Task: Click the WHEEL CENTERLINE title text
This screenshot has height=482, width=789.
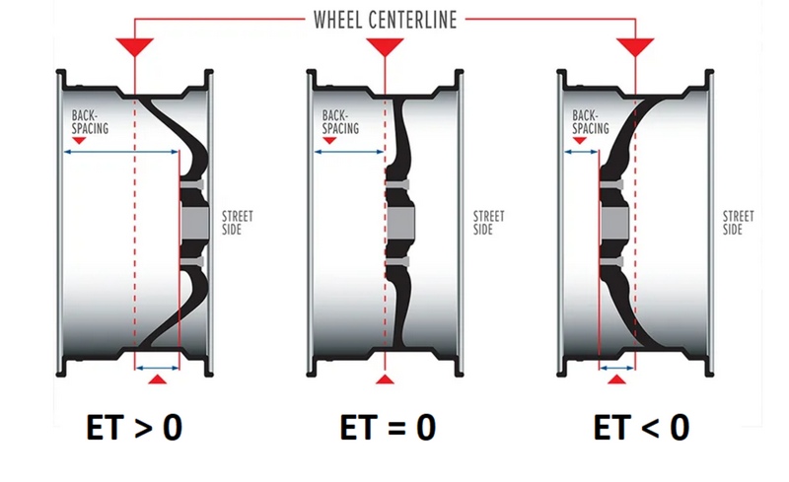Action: (x=385, y=20)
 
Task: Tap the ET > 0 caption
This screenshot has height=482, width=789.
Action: (x=134, y=428)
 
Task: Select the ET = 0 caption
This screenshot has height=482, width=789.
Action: (x=388, y=428)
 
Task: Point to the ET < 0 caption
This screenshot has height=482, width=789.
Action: (x=642, y=428)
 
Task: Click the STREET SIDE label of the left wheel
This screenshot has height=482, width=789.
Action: (x=238, y=223)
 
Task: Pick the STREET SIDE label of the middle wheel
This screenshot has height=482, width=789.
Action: (x=488, y=223)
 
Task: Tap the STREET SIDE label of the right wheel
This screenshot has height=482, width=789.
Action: (x=738, y=223)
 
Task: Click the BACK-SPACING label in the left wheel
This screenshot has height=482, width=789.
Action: (x=90, y=122)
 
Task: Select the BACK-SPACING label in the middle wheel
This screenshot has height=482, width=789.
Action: (x=340, y=122)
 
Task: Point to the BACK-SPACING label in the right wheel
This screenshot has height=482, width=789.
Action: (x=591, y=122)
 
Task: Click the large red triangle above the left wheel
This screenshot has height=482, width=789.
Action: (x=134, y=45)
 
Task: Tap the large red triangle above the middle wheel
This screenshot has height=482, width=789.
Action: (x=385, y=45)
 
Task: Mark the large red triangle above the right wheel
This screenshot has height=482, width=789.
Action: (x=635, y=45)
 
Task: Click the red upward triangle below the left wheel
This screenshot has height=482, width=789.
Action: (x=158, y=379)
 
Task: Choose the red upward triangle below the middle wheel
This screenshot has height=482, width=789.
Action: (x=385, y=379)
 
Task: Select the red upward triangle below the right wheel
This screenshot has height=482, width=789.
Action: (x=617, y=379)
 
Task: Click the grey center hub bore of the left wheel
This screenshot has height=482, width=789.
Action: (x=194, y=223)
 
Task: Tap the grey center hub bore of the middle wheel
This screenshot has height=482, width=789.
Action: (x=401, y=223)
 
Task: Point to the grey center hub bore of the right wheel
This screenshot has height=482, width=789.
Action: (x=614, y=223)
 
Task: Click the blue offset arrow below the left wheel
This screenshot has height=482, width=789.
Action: (x=157, y=369)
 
